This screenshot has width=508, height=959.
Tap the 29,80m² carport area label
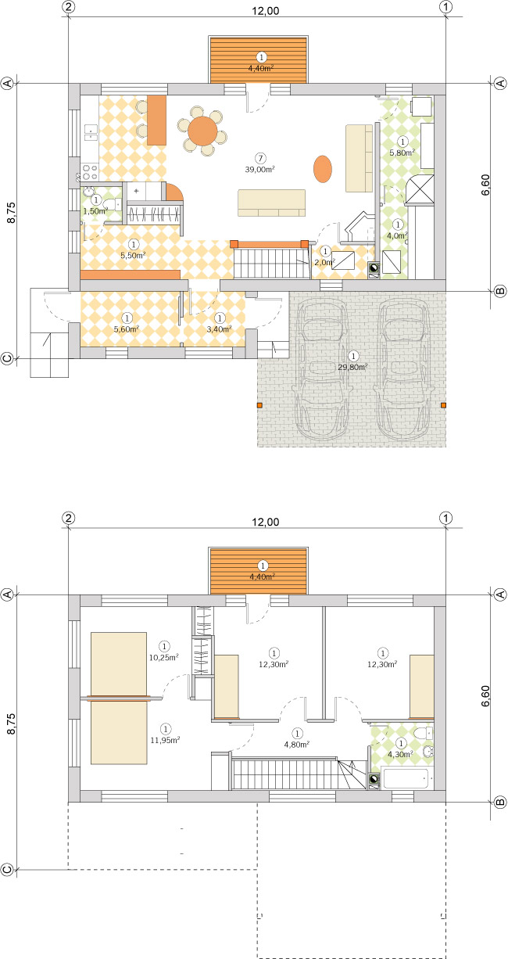[x=353, y=365]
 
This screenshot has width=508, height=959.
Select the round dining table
[x=203, y=130]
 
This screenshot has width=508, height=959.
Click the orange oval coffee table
[x=322, y=168]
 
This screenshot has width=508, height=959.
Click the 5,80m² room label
[x=402, y=153]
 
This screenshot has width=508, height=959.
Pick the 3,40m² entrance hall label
[x=220, y=329]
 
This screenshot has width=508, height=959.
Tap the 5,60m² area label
[x=126, y=329]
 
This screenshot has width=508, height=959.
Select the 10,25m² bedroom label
[x=164, y=658]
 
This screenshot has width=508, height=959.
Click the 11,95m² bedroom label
[x=164, y=739]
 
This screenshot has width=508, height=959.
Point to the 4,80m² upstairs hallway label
[x=297, y=744]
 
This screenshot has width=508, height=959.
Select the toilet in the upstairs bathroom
[x=423, y=734]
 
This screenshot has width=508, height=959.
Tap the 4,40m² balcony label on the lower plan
[x=262, y=576]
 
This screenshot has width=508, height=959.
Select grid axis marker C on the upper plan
[x=7, y=359]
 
